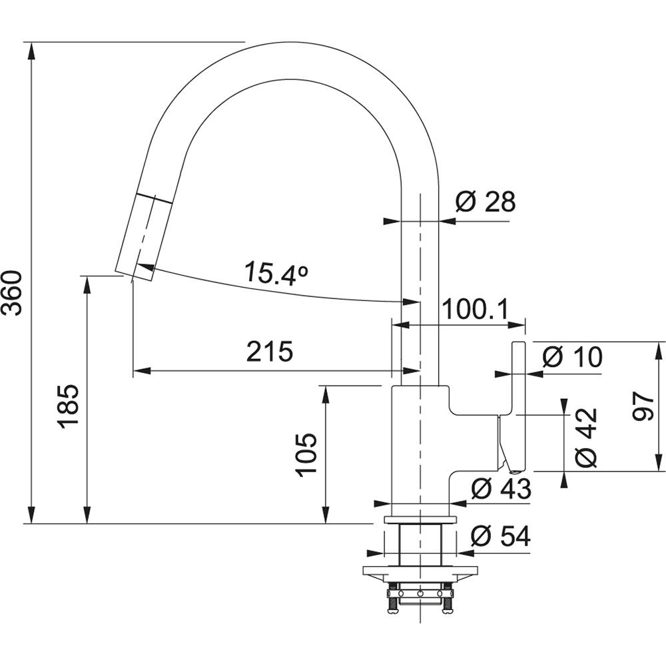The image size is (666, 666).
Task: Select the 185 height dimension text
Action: click(x=68, y=407)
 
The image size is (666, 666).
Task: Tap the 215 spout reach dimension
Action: click(x=270, y=351)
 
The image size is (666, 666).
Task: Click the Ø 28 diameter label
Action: click(x=486, y=201)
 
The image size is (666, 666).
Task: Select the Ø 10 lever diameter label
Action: click(x=573, y=357)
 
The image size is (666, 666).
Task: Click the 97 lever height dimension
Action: click(x=642, y=406)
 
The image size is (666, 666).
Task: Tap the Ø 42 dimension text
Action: click(x=587, y=438)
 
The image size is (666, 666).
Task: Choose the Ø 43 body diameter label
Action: click(x=501, y=488)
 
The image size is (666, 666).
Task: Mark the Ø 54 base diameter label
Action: click(x=501, y=537)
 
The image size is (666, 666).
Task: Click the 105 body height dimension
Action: click(x=306, y=455)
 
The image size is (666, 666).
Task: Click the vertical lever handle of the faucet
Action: click(x=519, y=406)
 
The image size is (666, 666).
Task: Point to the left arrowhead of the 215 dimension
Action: click(x=142, y=371)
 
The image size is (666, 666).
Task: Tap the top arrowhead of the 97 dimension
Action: click(x=659, y=350)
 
